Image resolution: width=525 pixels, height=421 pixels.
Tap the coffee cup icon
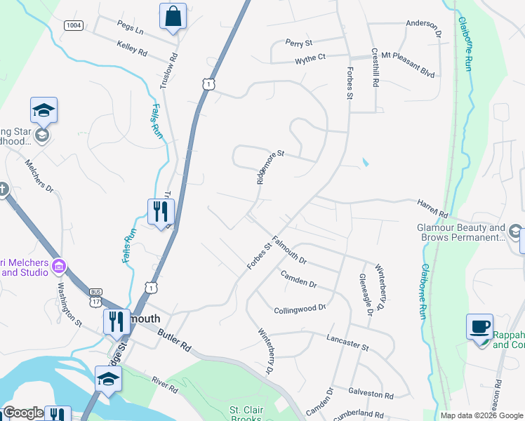tap(480, 328)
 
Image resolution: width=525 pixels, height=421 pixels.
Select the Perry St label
tap(298, 44)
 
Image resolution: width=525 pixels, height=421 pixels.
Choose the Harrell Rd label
tap(434, 207)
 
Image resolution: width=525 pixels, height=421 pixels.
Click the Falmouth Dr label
tap(289, 249)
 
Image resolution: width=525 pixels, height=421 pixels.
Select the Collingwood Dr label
tap(300, 308)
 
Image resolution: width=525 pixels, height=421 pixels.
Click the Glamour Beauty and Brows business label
tap(461, 233)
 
